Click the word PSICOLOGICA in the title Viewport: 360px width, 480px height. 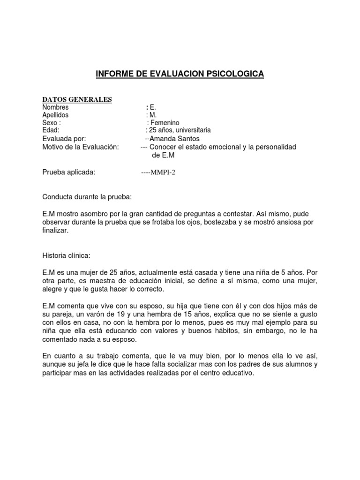(x=233, y=74)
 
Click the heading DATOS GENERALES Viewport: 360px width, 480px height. (x=77, y=99)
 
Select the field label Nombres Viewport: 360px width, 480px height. (x=55, y=107)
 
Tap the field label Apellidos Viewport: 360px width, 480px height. (x=55, y=115)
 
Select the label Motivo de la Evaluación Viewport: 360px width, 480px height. (x=81, y=147)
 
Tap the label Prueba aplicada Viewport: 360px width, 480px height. (x=69, y=172)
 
